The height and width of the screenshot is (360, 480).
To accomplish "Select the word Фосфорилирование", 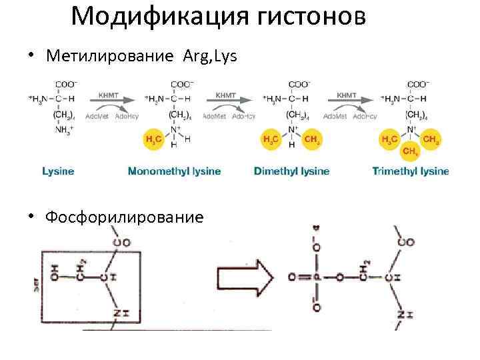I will coord(124,217).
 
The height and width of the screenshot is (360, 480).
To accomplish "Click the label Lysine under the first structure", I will coord(58,171).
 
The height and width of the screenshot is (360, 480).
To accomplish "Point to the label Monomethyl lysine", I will coord(174,171).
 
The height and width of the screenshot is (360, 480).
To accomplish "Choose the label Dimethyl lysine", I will coord(291,171).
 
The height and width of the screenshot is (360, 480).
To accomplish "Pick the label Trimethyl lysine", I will coord(410,171).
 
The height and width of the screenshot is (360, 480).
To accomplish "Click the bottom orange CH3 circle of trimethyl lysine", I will coord(411,151).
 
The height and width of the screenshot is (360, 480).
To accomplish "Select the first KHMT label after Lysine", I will coord(109,95).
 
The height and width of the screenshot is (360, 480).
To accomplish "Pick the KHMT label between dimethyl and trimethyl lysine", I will coord(347,95).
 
